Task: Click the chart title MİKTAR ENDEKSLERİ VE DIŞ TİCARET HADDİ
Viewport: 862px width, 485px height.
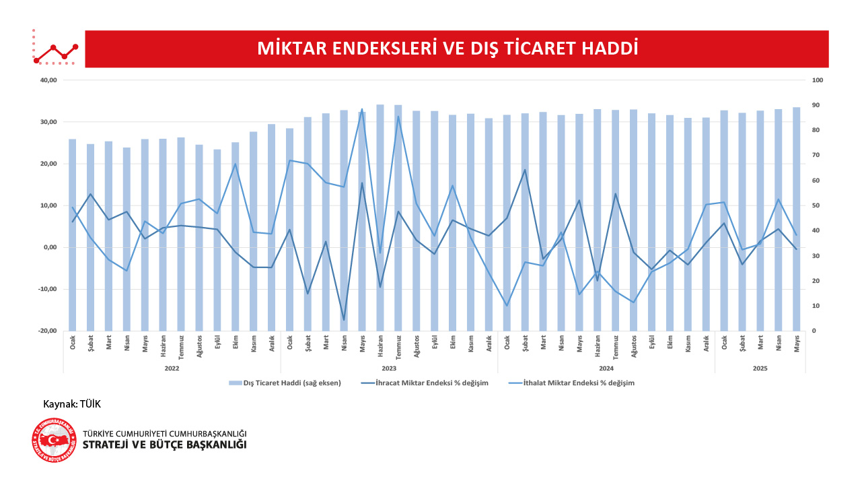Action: point(447,48)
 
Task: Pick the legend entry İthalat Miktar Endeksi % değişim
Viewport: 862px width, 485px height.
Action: point(579,383)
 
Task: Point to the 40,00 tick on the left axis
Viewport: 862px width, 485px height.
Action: point(48,80)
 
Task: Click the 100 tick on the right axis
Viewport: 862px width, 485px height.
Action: point(818,80)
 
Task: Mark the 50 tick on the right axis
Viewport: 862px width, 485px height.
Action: point(816,205)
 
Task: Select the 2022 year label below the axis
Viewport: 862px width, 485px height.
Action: point(172,368)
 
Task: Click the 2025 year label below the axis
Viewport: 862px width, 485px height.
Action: point(760,368)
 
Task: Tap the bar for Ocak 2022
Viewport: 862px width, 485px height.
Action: point(73,269)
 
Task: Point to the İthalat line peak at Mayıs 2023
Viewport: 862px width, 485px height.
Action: point(362,109)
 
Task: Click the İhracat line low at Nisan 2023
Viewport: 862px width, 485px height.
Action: point(344,320)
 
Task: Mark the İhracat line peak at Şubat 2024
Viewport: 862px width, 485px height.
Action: point(525,170)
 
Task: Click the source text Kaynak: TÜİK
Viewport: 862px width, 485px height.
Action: point(71,403)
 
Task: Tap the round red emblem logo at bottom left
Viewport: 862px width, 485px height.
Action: point(54,440)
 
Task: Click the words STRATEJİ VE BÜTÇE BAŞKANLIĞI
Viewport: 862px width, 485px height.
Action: point(164,445)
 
